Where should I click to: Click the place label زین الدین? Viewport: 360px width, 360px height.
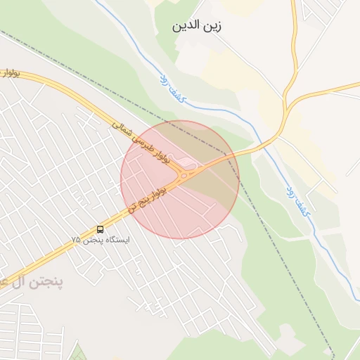tap(197, 27)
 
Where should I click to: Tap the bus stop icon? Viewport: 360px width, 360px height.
tap(100, 229)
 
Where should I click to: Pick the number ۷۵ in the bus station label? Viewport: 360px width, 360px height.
tap(76, 240)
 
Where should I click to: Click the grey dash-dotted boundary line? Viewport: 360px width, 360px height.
tap(281, 246)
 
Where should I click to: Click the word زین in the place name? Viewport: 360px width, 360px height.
tap(212, 27)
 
